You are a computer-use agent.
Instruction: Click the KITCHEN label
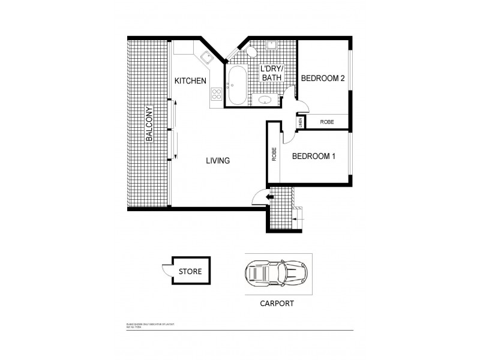coord(190,81)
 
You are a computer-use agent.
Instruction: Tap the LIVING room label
coord(218,161)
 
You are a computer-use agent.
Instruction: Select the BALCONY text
coord(149,124)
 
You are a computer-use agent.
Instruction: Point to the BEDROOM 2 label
coord(322,79)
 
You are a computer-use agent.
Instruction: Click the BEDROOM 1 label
coord(313,157)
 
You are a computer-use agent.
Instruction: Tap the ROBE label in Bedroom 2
coord(326,122)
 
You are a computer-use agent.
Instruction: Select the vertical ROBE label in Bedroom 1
coord(274,155)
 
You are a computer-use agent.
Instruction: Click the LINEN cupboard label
coord(299,122)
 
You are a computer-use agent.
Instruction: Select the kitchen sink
coord(208,58)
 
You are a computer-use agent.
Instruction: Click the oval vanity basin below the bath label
coord(264,100)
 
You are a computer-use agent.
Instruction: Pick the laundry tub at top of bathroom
coord(271,45)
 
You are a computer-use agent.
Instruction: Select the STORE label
coord(190,272)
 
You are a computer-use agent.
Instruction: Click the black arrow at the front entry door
coord(270,196)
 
